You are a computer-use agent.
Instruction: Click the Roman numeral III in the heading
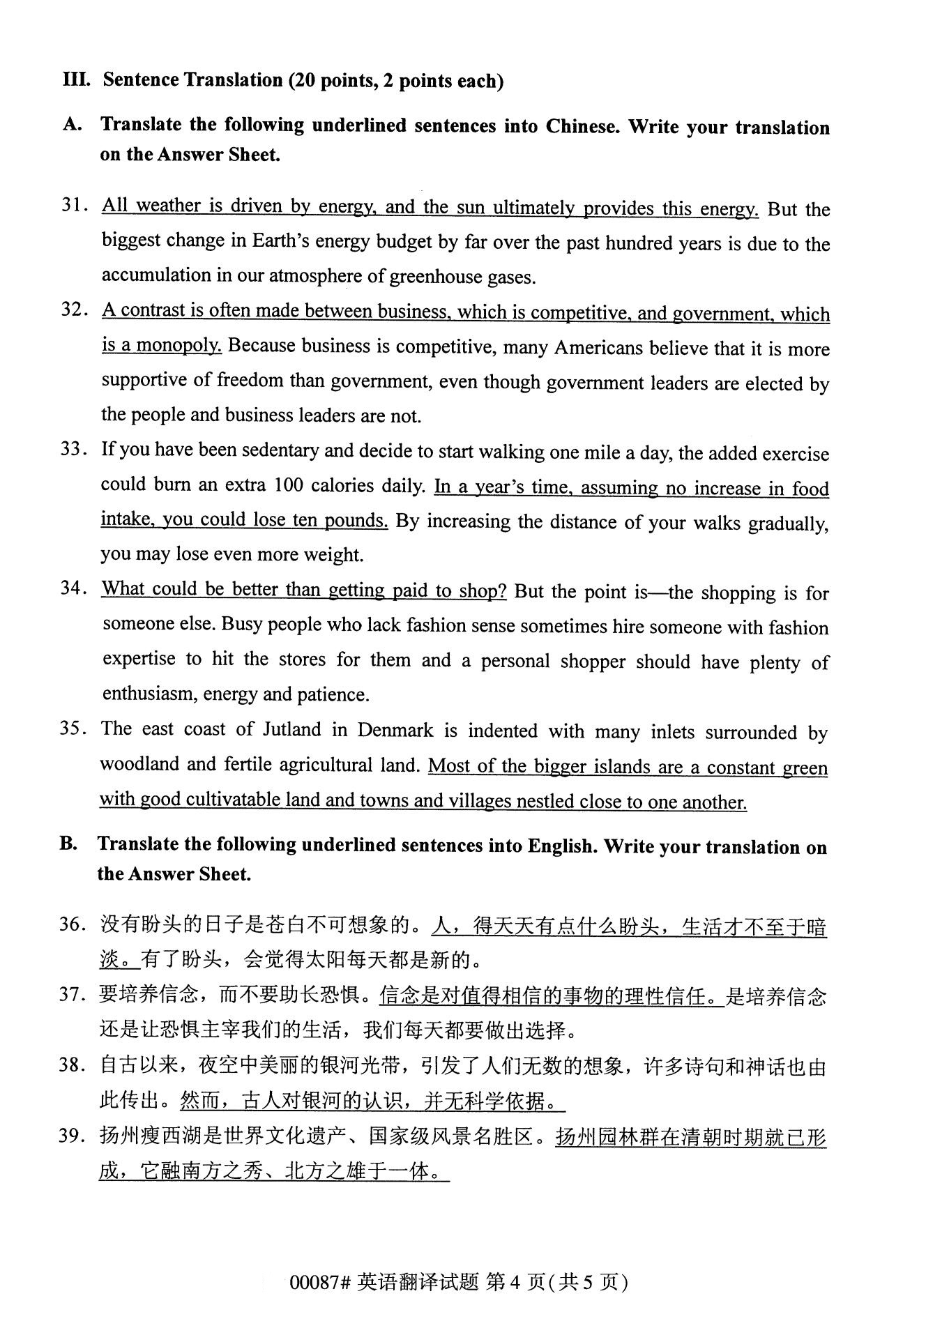coord(76,79)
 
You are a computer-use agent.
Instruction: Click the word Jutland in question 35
coord(291,730)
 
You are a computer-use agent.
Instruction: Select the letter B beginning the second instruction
coord(68,844)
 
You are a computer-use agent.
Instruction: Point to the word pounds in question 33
coord(358,521)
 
